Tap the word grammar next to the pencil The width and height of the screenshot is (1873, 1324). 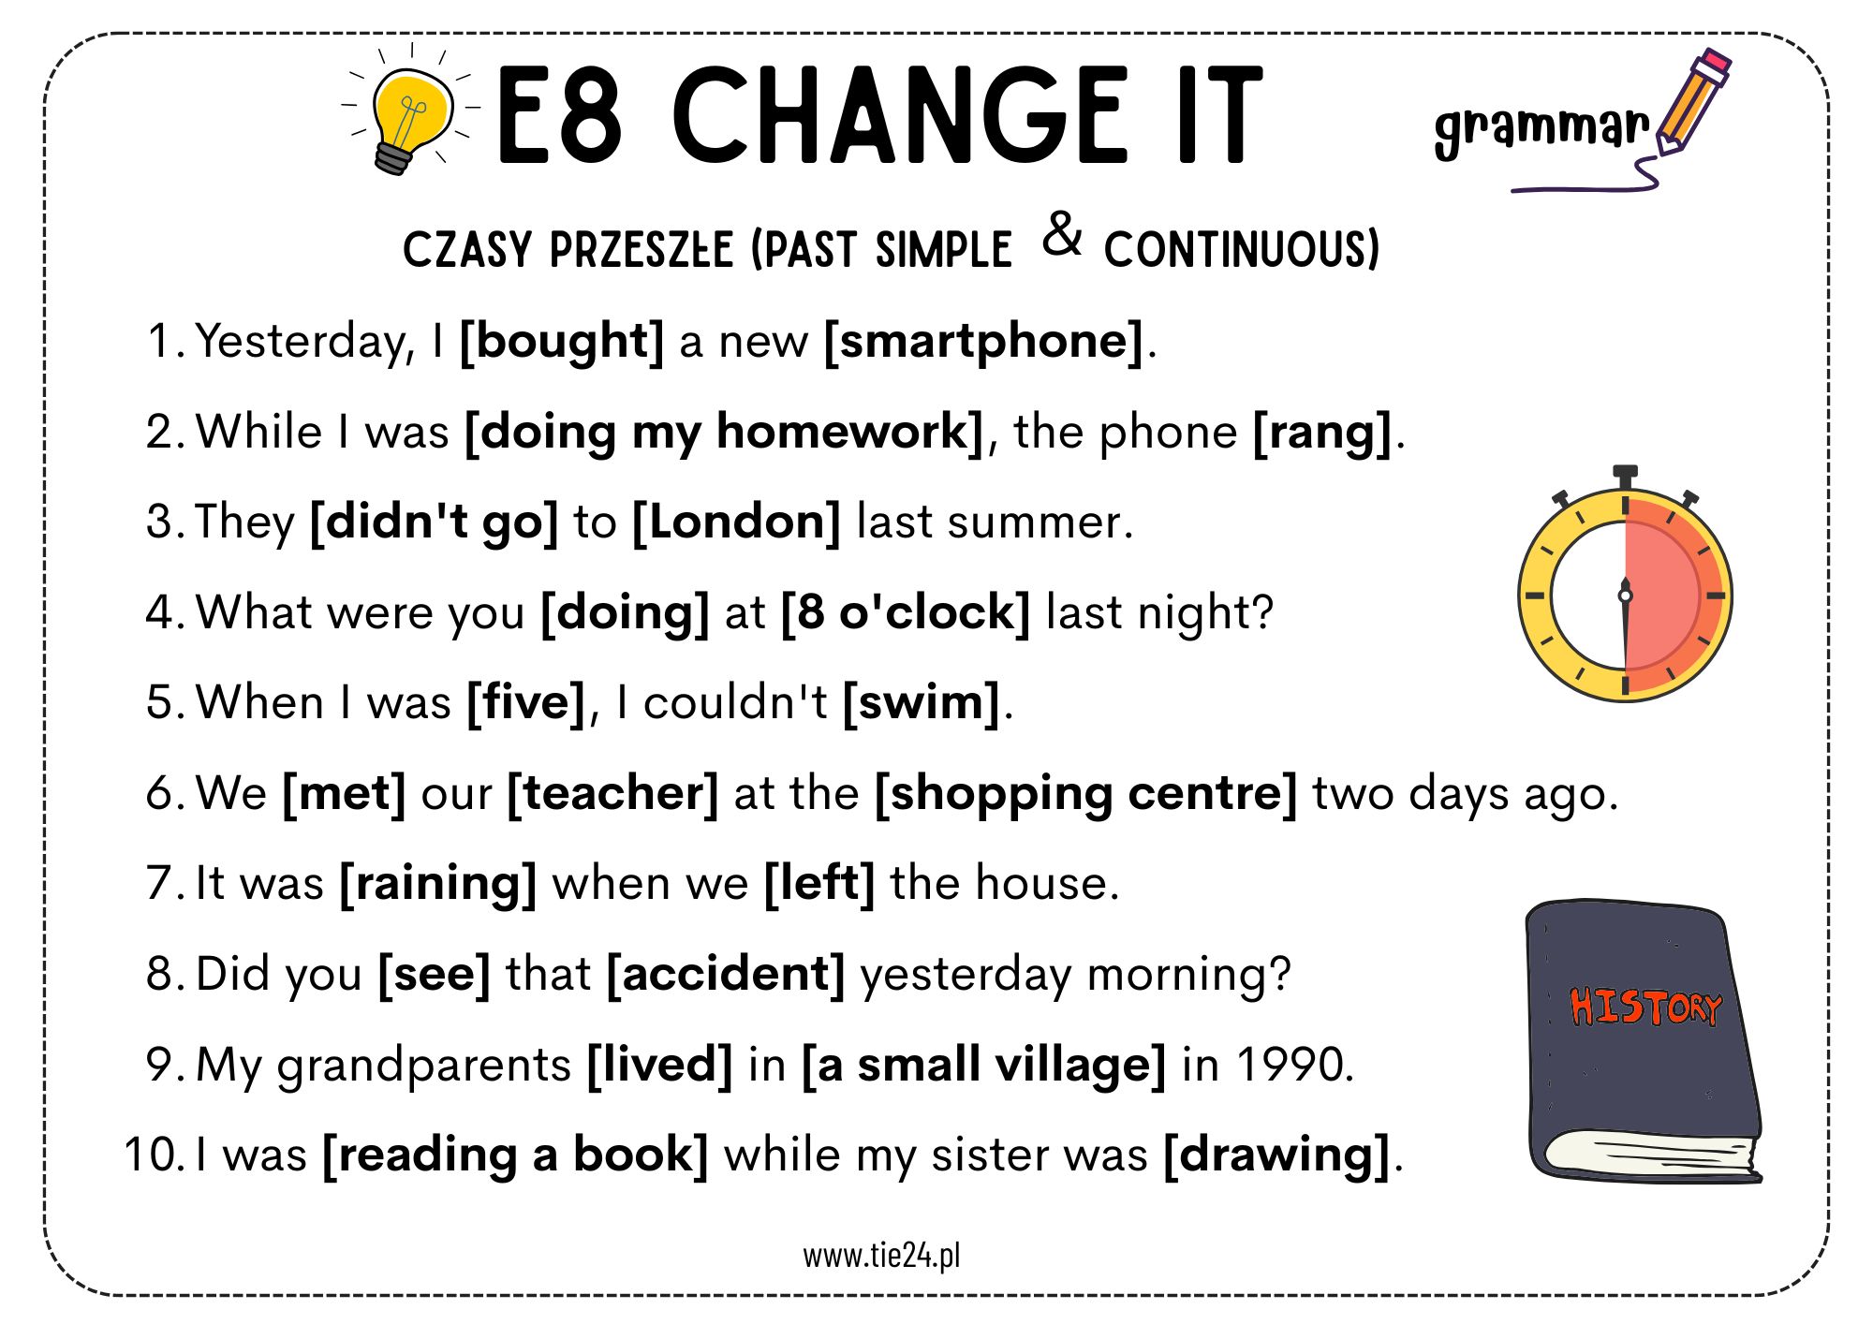click(x=1541, y=130)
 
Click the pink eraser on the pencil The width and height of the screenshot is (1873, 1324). click(x=1714, y=66)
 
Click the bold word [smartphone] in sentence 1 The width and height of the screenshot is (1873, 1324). click(x=983, y=341)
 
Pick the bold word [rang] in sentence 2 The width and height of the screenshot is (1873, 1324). click(x=1322, y=433)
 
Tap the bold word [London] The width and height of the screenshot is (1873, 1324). click(x=736, y=522)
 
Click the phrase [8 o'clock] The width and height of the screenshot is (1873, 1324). click(x=906, y=612)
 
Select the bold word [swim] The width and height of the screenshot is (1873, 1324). click(x=922, y=702)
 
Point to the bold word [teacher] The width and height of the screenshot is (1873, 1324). click(x=612, y=793)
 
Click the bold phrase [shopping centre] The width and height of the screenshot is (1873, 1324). click(x=1085, y=794)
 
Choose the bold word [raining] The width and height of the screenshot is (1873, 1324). click(x=437, y=884)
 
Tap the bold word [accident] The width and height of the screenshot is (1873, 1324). click(x=726, y=974)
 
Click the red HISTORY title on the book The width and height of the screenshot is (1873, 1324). click(x=1645, y=1007)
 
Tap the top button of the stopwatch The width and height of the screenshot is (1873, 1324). click(x=1625, y=476)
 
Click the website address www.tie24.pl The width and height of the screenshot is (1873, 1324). click(x=881, y=1255)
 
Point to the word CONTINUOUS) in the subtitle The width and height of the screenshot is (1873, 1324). click(x=1242, y=249)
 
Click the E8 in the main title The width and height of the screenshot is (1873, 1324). click(x=559, y=115)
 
